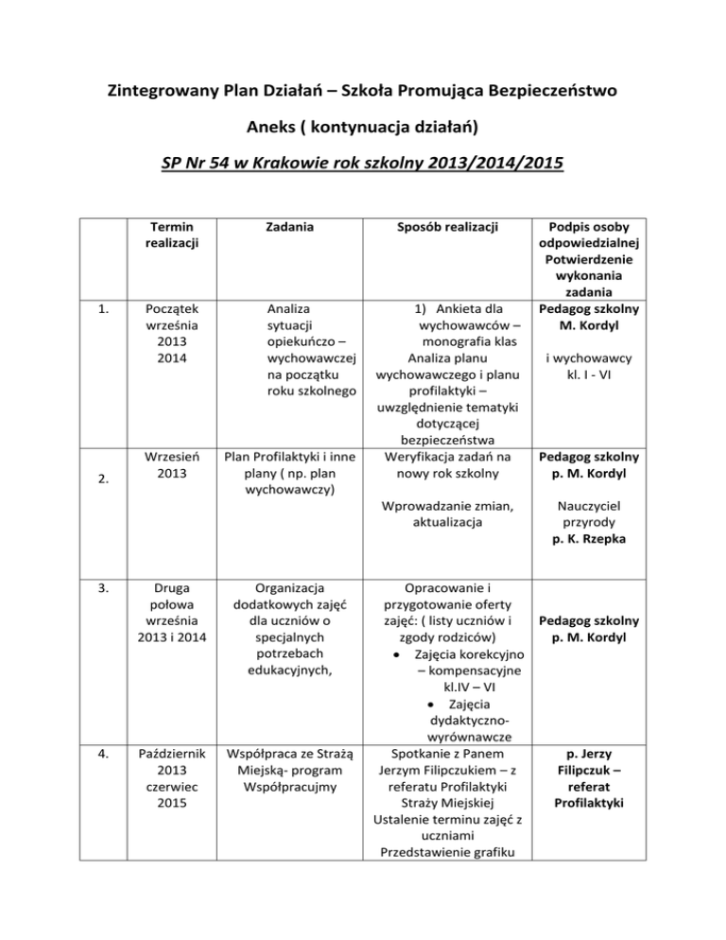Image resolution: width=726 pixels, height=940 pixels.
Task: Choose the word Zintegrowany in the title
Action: point(160,93)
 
